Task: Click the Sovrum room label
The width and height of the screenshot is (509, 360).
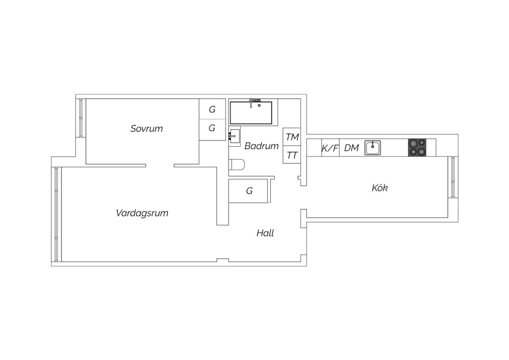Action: pos(147,129)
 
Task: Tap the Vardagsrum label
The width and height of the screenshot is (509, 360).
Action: pos(142,213)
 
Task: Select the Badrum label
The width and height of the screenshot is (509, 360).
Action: pos(261,146)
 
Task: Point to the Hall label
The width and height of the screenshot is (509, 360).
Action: pos(265,233)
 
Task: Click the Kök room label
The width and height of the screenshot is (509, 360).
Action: pos(380,188)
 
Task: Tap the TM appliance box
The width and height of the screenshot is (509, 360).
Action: pos(292,137)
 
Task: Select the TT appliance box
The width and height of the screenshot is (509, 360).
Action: pos(292,155)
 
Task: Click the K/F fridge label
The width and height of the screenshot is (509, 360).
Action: pos(330,148)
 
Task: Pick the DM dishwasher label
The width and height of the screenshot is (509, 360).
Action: pos(352,148)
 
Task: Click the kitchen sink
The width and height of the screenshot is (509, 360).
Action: pos(373,148)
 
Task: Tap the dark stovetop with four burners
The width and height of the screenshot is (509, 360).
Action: pos(417,148)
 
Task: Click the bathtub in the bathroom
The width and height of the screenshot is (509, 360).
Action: pos(251,113)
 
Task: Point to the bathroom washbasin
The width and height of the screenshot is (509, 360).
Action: pos(234,136)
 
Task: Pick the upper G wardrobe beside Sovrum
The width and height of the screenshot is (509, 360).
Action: pos(212,109)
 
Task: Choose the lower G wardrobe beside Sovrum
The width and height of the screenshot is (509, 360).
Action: pos(212,130)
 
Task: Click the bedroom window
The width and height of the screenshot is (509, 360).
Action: pos(81,118)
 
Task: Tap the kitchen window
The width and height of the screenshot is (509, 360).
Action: pos(453,177)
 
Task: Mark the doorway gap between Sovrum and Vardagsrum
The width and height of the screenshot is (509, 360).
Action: pos(160,165)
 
